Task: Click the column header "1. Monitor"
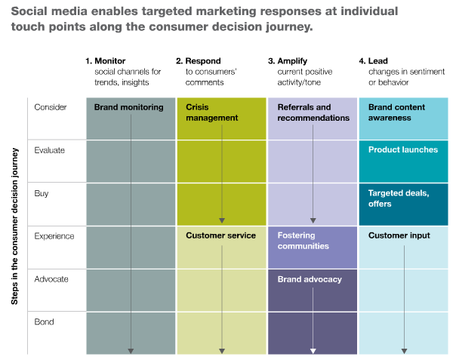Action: click(105, 61)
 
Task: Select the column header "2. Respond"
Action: click(199, 61)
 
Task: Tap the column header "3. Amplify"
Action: click(288, 61)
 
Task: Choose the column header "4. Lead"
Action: click(374, 61)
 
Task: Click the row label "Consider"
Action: click(51, 107)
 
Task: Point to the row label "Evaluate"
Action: click(49, 150)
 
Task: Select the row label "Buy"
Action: click(42, 193)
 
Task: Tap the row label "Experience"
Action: click(54, 235)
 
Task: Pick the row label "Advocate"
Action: click(51, 279)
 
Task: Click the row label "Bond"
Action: click(44, 322)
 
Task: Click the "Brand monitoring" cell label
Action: click(128, 107)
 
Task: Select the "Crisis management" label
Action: click(212, 112)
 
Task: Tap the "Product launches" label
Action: click(403, 149)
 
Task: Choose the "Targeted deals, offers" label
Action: click(399, 198)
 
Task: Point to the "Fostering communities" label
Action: click(303, 241)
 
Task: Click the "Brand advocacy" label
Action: click(310, 279)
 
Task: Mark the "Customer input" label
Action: click(399, 235)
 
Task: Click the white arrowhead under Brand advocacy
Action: click(313, 351)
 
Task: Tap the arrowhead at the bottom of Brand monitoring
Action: click(131, 351)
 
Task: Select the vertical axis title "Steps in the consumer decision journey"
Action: click(14, 226)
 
